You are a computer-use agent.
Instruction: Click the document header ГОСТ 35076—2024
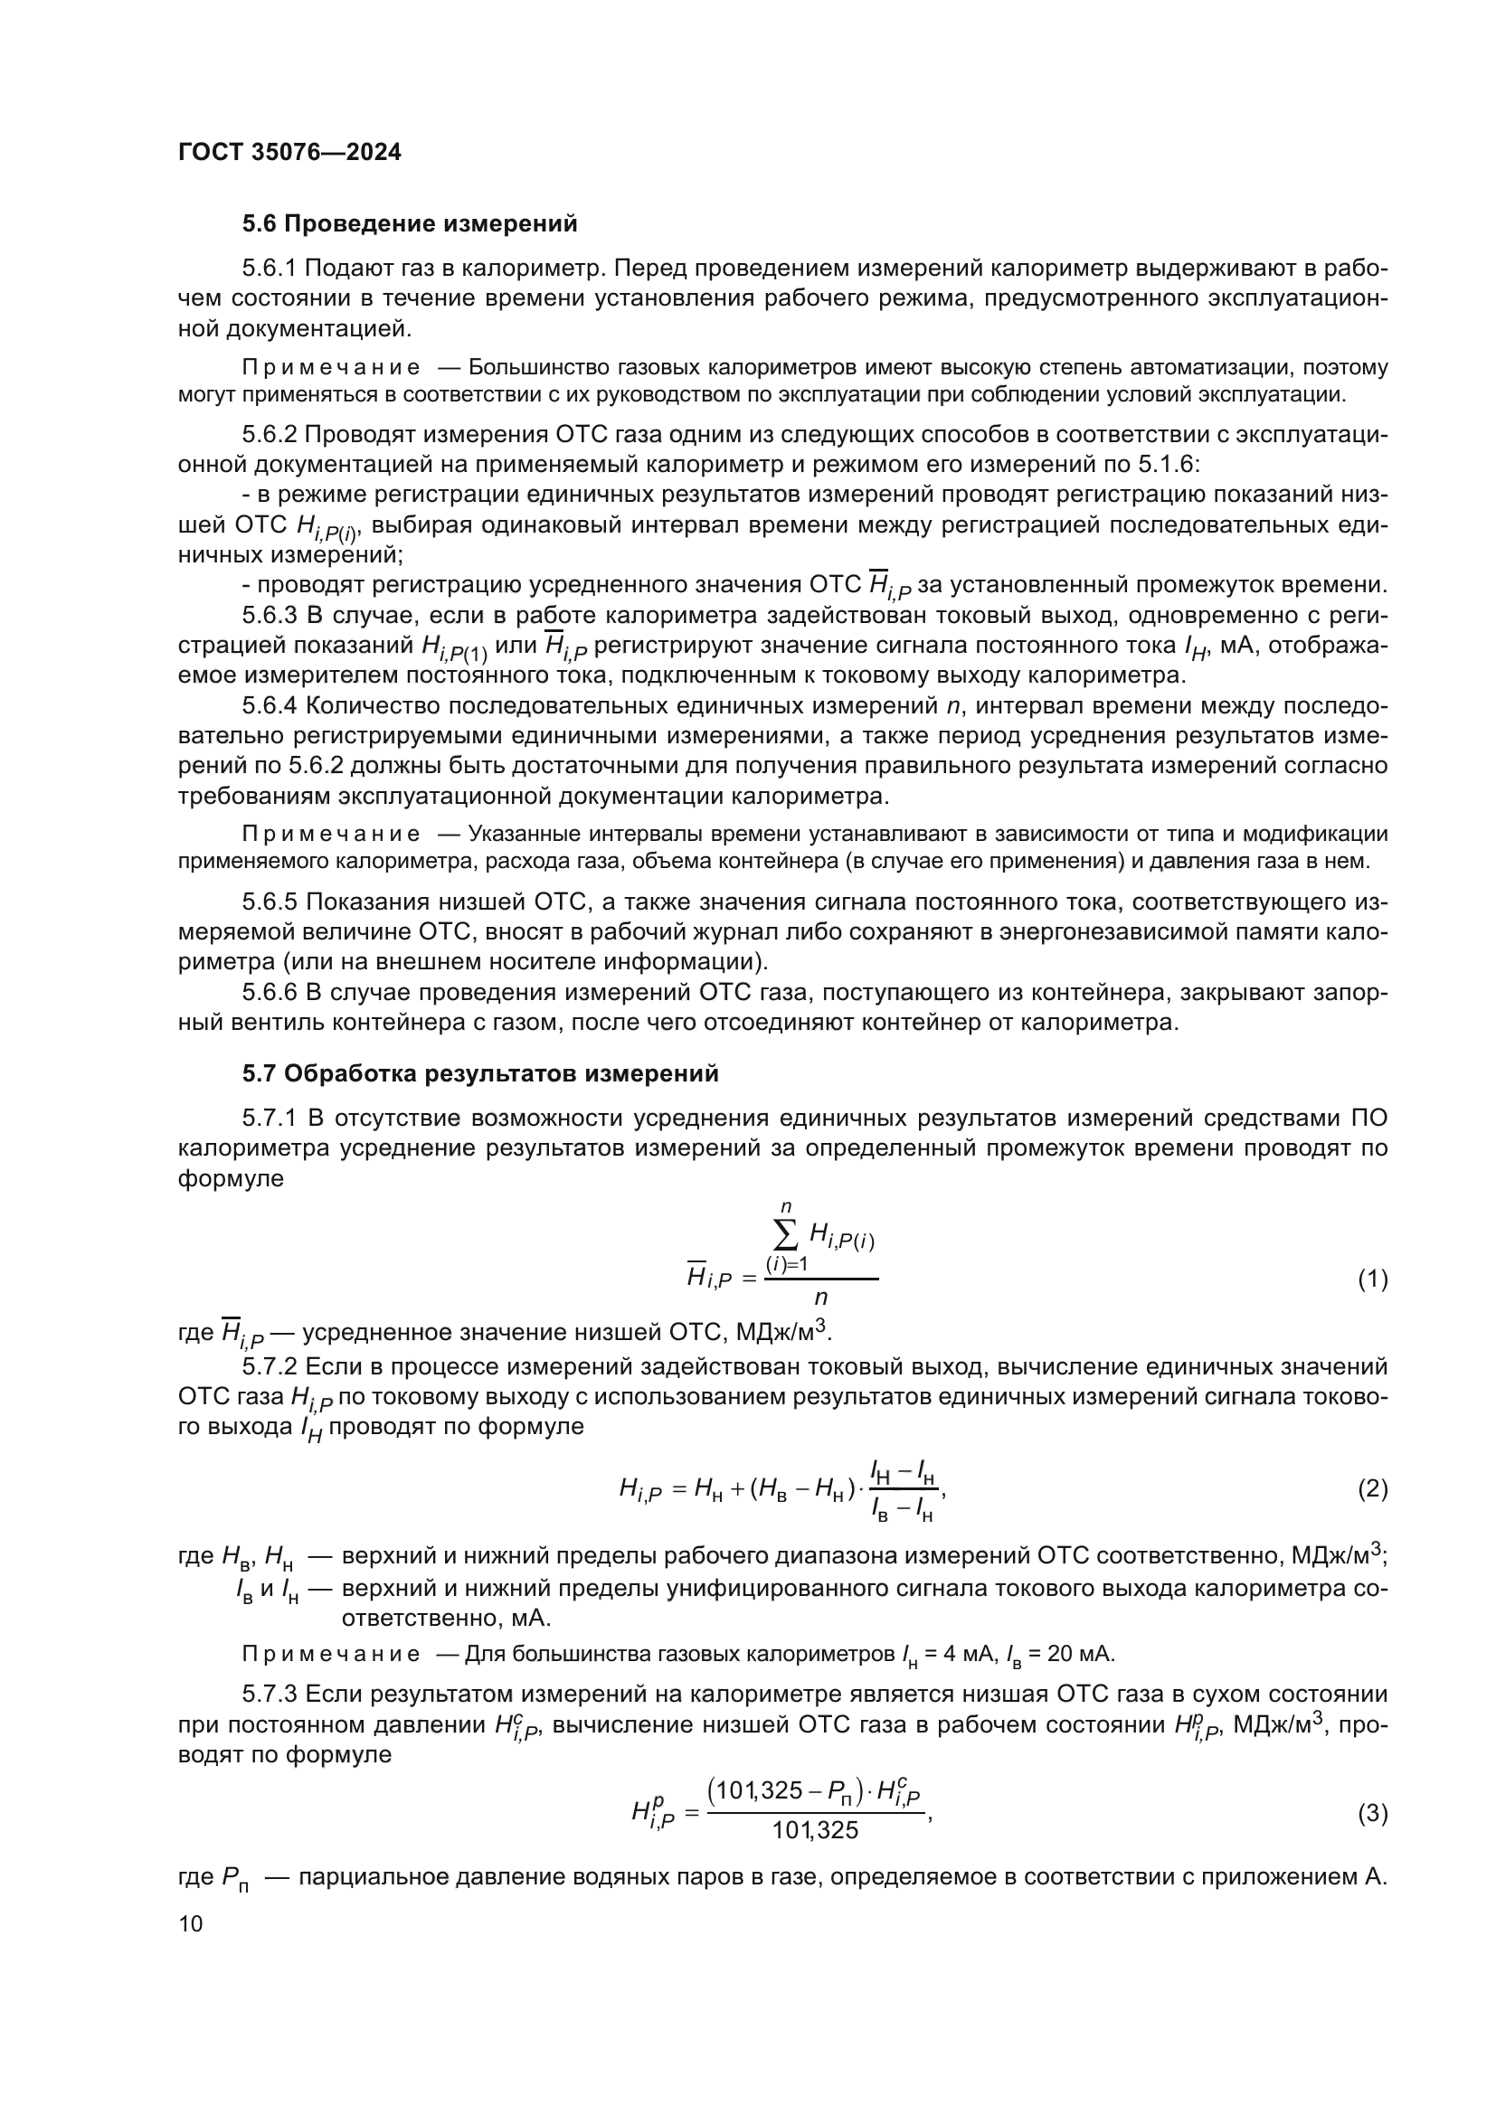tap(289, 153)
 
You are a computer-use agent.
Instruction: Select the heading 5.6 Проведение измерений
tap(410, 224)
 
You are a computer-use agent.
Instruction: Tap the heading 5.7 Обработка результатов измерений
tap(480, 1073)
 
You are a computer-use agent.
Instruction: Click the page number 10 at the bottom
tap(191, 1923)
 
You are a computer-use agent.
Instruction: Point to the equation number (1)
tap(1372, 1279)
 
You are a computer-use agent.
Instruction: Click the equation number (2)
tap(1372, 1488)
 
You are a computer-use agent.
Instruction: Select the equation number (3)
tap(1372, 1814)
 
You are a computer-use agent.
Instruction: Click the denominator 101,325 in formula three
tap(815, 1830)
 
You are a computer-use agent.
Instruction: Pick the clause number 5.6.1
tap(269, 268)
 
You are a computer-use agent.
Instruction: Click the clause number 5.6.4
tap(269, 706)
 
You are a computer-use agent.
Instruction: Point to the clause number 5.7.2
tap(269, 1366)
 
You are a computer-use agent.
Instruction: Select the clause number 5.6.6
tap(269, 992)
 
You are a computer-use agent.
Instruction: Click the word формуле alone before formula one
tap(231, 1178)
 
